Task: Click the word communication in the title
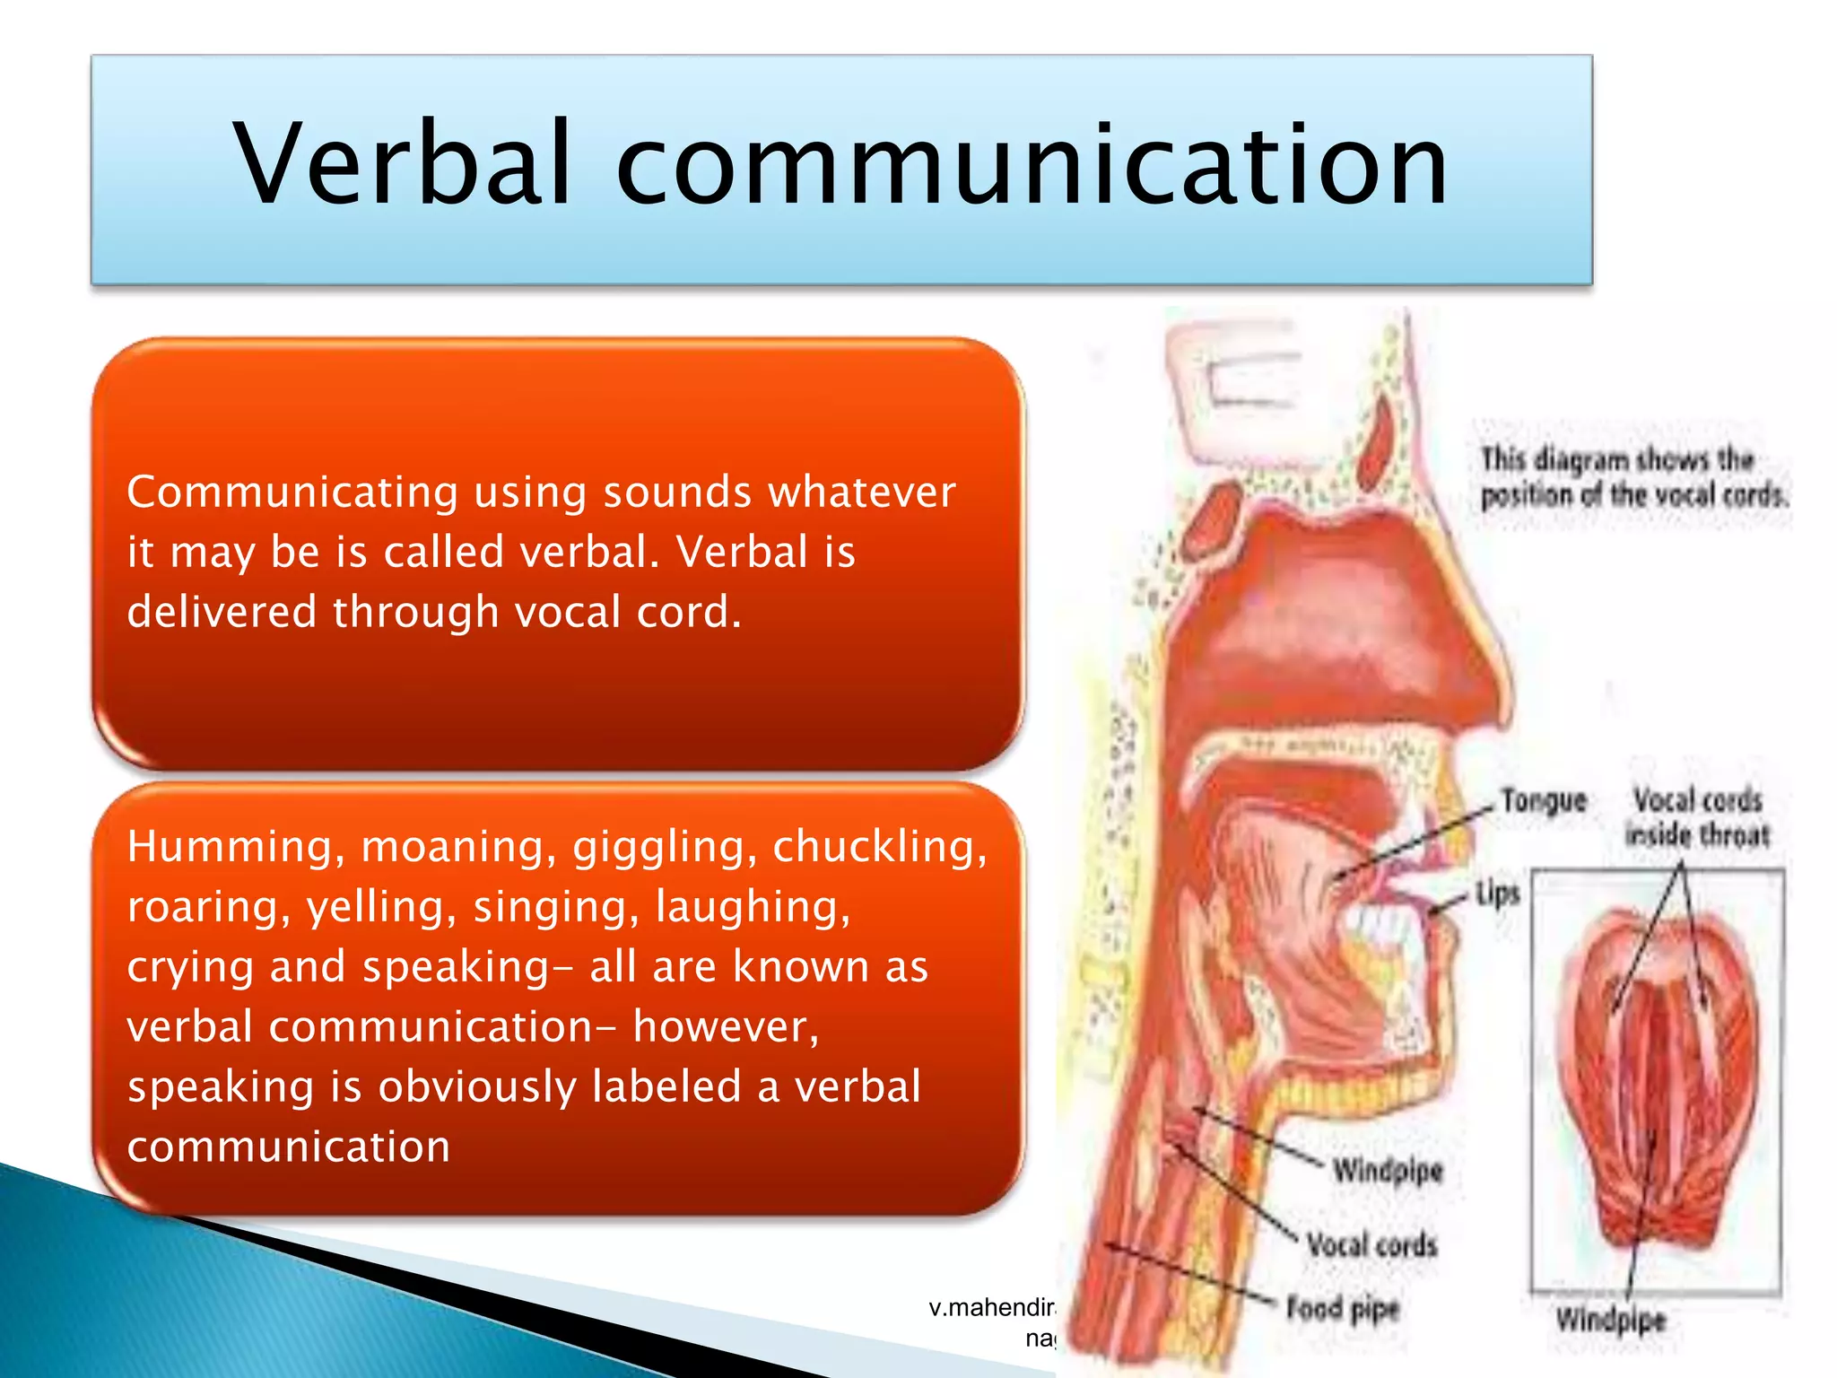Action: pyautogui.click(x=1032, y=163)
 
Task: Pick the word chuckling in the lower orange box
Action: pyautogui.click(x=879, y=847)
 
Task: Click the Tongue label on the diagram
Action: pyautogui.click(x=1544, y=800)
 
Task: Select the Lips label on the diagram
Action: pyautogui.click(x=1498, y=894)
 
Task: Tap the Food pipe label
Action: pyautogui.click(x=1343, y=1309)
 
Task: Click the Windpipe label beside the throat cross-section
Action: pyautogui.click(x=1387, y=1171)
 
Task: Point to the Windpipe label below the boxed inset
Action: pyautogui.click(x=1610, y=1320)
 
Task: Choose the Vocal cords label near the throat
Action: pyautogui.click(x=1371, y=1245)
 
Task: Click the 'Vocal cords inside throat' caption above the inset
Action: pyautogui.click(x=1697, y=817)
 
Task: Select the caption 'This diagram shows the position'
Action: pyautogui.click(x=1632, y=477)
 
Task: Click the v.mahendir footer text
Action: pyautogui.click(x=992, y=1308)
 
